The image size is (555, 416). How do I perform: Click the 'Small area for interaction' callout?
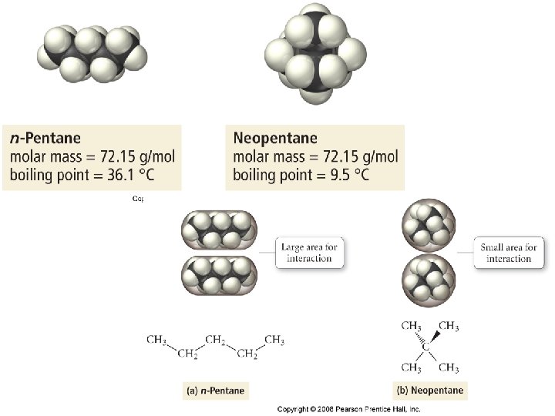point(509,253)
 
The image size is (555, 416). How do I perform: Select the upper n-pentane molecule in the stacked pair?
point(218,229)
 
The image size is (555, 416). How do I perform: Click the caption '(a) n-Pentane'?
point(217,391)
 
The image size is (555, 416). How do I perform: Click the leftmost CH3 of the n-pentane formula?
point(156,339)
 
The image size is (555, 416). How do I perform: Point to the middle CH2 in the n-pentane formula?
point(217,339)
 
